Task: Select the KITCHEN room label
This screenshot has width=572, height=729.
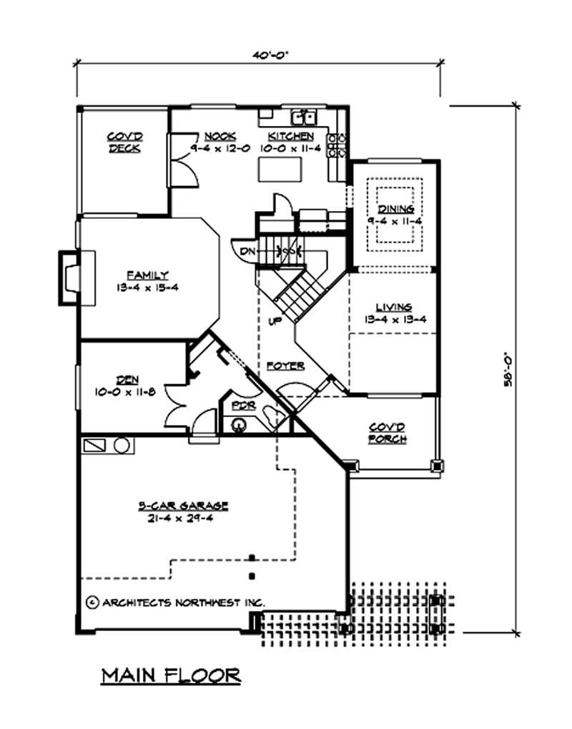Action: (290, 136)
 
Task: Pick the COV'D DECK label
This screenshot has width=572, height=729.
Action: (124, 142)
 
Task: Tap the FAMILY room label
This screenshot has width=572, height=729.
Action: (148, 274)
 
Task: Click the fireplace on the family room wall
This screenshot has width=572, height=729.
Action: (70, 278)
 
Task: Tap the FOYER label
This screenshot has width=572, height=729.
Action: (286, 366)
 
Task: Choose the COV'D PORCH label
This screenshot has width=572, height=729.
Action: (388, 433)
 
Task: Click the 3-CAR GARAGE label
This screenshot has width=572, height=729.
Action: (182, 506)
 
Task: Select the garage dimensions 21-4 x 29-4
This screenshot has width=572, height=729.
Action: (182, 517)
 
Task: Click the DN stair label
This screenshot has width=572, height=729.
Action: (246, 251)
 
